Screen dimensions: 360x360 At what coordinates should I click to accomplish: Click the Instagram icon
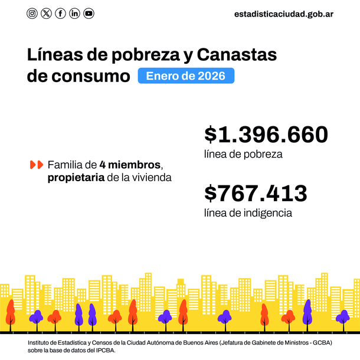pyautogui.click(x=32, y=14)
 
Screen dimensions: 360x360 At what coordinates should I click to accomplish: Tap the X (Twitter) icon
pyautogui.click(x=47, y=14)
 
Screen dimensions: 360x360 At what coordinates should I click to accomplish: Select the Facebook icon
pyautogui.click(x=60, y=14)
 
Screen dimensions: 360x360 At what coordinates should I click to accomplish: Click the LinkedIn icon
pyautogui.click(x=74, y=14)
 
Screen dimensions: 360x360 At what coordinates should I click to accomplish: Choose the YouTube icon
pyautogui.click(x=89, y=14)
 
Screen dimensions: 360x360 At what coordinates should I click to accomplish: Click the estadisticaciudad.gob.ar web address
pyautogui.click(x=284, y=14)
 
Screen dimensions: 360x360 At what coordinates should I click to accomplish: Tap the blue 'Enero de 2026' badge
pyautogui.click(x=186, y=76)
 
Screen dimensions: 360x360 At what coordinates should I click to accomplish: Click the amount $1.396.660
pyautogui.click(x=266, y=135)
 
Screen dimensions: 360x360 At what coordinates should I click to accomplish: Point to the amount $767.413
pyautogui.click(x=256, y=193)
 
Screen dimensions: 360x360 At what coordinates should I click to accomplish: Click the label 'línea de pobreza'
pyautogui.click(x=243, y=155)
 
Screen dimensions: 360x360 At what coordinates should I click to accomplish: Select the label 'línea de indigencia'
pyautogui.click(x=248, y=212)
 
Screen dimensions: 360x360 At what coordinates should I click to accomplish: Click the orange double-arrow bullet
pyautogui.click(x=36, y=164)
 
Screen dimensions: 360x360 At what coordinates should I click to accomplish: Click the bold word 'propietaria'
pyautogui.click(x=76, y=177)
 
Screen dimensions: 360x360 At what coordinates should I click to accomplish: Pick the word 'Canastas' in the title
pyautogui.click(x=237, y=55)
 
